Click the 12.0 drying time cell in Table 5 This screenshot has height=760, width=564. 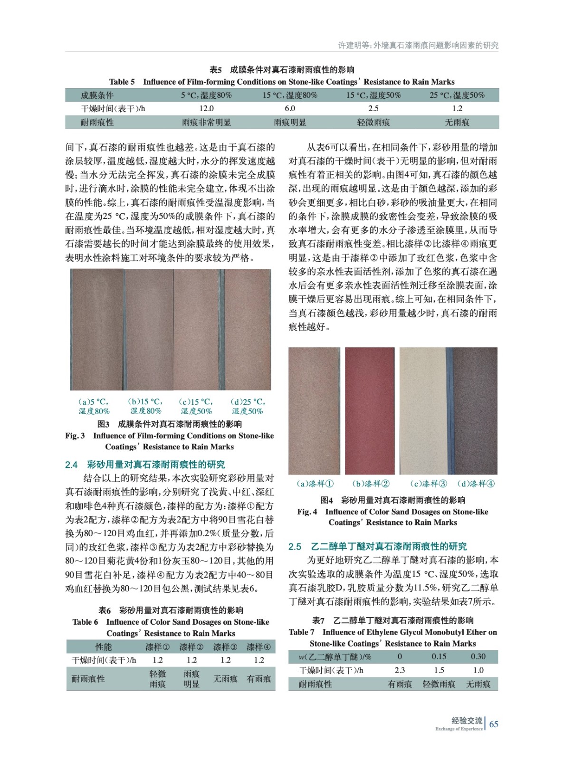206,108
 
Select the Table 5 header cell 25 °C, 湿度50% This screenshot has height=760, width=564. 457,95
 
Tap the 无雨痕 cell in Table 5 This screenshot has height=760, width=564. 457,123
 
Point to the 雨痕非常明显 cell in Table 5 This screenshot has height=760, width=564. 206,123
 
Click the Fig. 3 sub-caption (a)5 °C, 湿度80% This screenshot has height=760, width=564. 94,407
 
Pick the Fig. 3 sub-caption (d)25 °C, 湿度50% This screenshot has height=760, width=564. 248,407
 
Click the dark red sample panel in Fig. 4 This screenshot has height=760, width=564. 370,411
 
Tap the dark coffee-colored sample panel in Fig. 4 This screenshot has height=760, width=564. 475,411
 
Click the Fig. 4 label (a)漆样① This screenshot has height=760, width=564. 315,484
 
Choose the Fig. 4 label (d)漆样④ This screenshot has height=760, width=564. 476,484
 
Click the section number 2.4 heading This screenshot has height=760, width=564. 71,465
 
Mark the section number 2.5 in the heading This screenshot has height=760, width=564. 295,547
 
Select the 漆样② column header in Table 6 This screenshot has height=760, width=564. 191,647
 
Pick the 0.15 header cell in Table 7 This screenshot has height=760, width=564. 439,656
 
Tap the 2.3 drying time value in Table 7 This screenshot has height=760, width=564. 400,670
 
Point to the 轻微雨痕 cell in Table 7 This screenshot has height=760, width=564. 439,684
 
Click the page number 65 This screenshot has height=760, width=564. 494,724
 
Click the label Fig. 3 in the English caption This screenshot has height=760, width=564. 75,436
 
